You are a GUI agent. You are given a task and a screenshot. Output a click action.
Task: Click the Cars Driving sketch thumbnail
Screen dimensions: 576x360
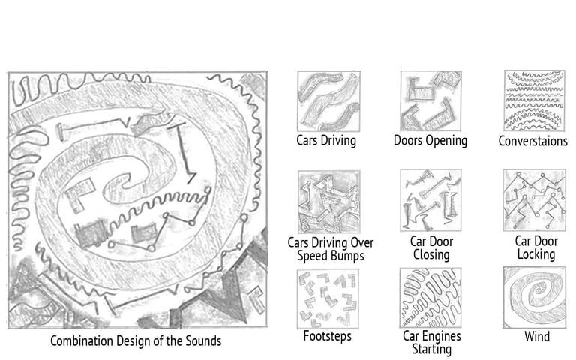328,101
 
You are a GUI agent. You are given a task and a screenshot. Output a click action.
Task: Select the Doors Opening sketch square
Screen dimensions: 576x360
431,101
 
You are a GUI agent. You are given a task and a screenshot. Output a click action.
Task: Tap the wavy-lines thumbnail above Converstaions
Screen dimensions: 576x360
535,100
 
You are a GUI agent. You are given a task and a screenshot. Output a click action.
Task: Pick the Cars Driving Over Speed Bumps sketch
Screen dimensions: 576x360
329,202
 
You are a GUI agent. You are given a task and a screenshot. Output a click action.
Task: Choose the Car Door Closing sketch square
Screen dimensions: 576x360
431,200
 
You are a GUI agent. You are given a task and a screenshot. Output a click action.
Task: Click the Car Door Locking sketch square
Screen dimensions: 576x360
535,200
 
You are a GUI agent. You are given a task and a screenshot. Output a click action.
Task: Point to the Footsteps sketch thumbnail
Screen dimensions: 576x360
328,298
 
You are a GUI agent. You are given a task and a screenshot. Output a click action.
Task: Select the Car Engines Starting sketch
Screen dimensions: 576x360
430,298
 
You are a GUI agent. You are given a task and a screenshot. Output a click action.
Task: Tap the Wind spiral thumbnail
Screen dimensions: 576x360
535,298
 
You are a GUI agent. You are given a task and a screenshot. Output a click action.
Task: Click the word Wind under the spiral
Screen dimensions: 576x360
537,337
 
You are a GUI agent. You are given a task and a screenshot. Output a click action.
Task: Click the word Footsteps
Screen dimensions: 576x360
327,336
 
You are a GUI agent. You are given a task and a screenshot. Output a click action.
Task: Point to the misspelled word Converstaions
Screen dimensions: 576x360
532,142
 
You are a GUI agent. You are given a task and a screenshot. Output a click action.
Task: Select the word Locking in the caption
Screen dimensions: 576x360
536,254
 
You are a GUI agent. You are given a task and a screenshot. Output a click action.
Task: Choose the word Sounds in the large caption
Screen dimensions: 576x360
203,341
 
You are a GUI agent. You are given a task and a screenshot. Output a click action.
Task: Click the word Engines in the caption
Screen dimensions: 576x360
442,336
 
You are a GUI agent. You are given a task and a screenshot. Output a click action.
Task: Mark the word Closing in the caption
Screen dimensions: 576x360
431,254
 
